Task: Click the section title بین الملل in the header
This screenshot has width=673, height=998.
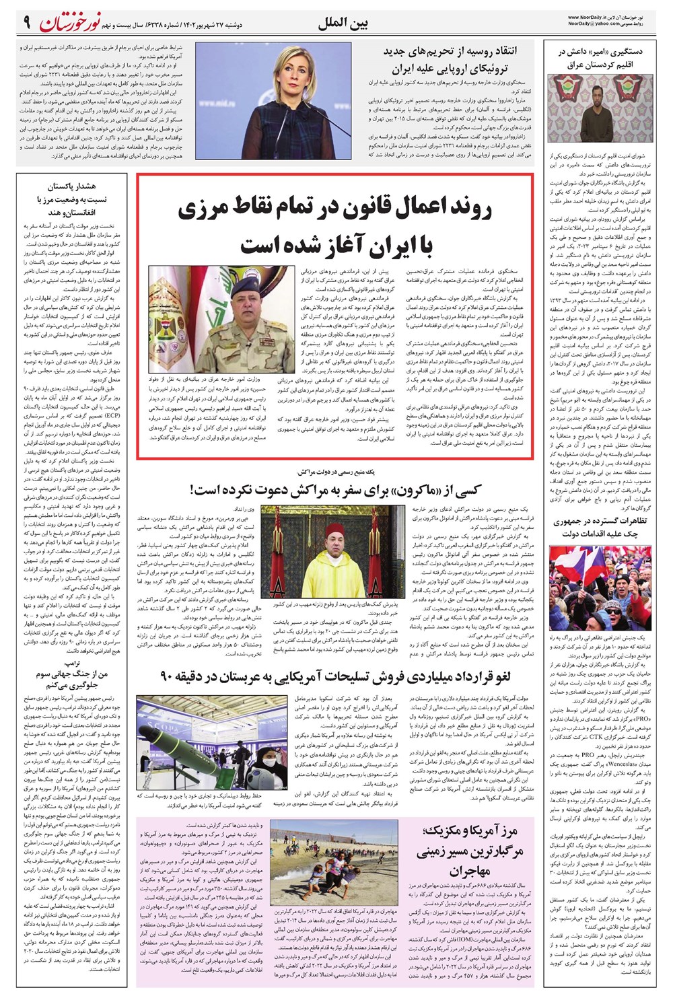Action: (343, 24)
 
